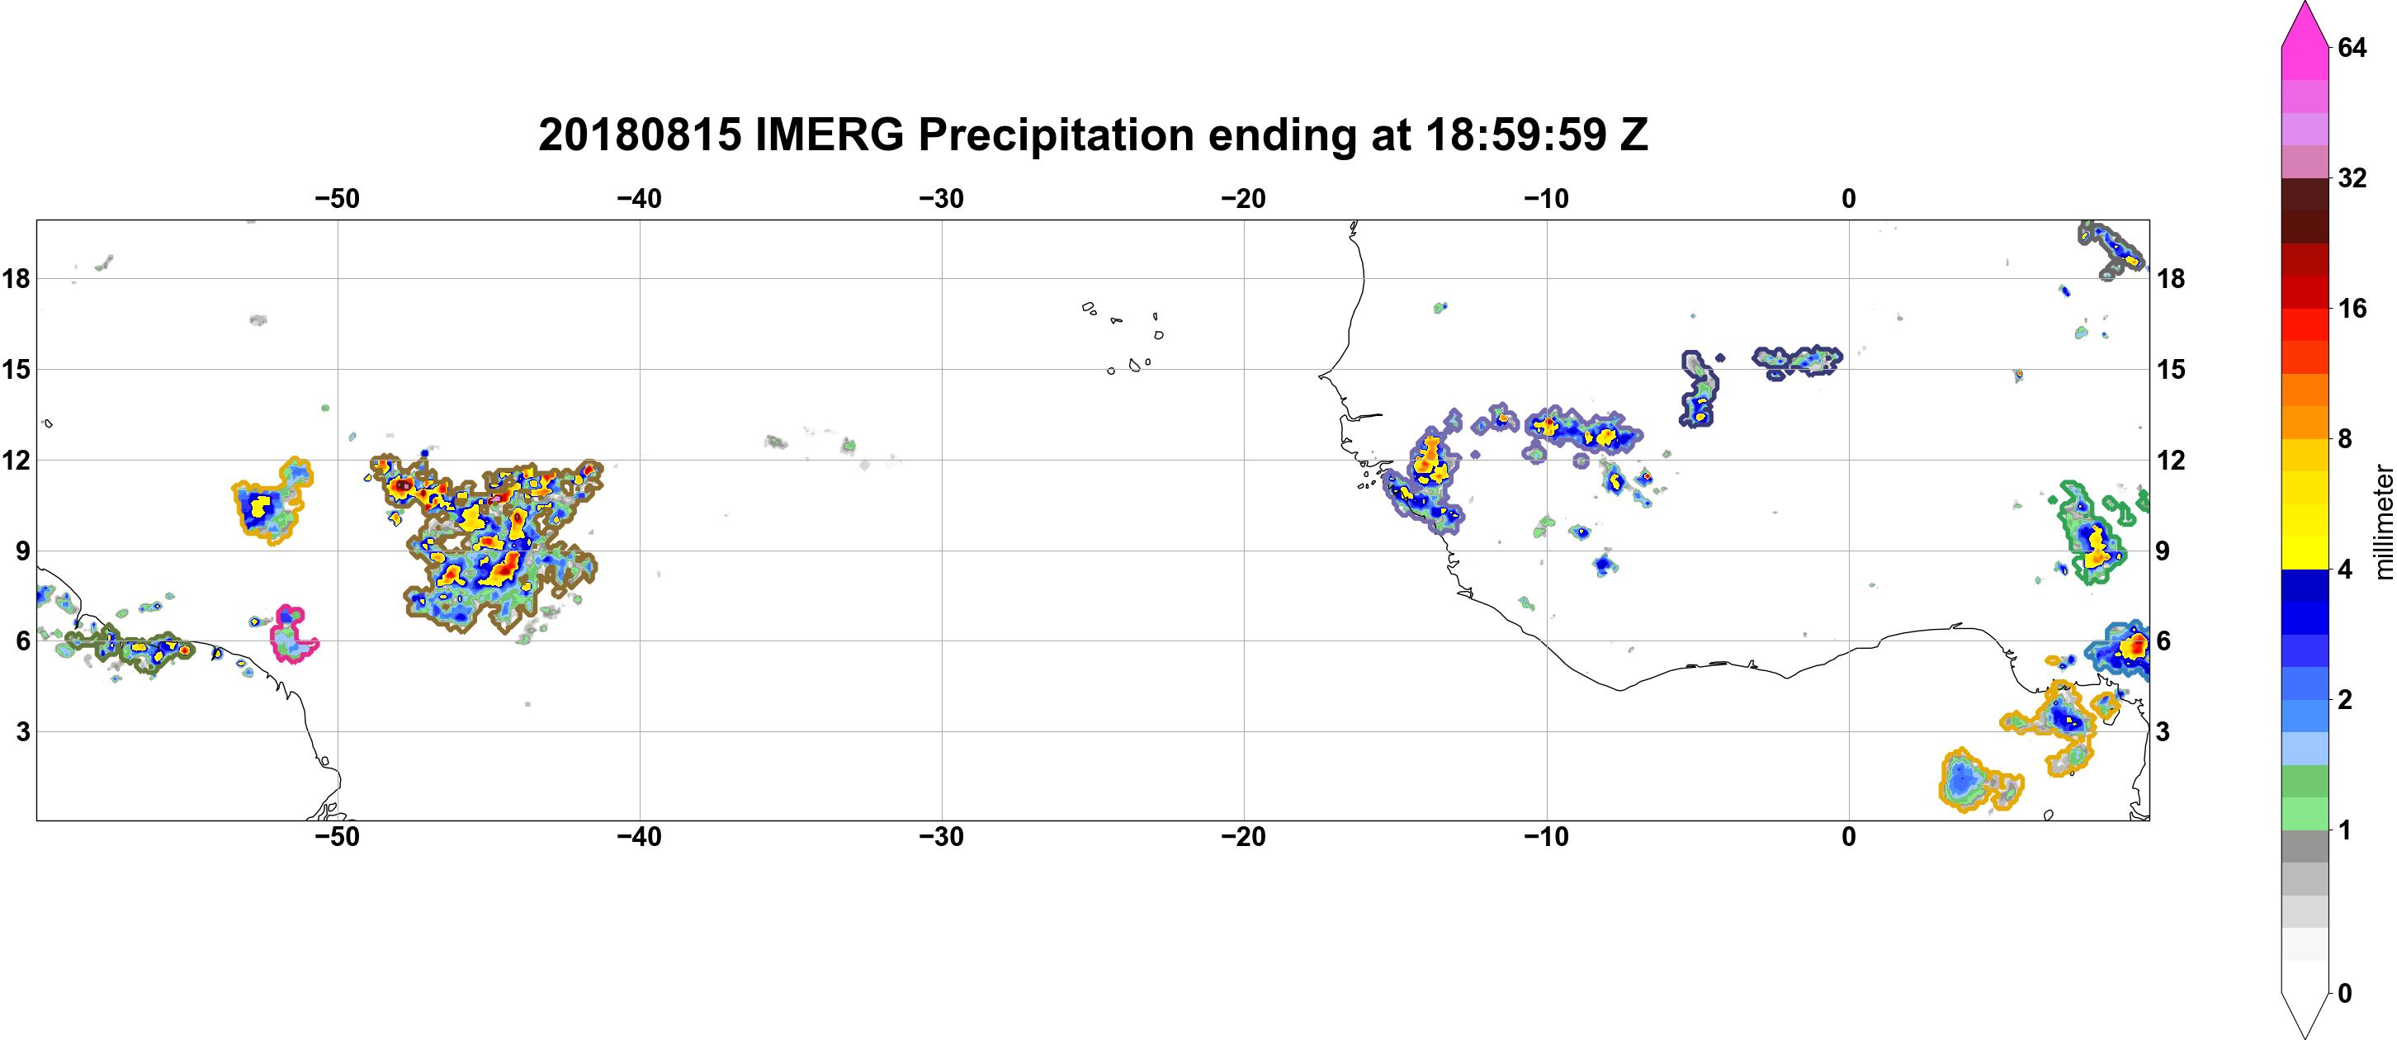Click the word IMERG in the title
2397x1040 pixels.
point(829,135)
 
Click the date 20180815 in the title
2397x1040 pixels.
point(641,135)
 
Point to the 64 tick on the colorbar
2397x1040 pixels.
point(2352,47)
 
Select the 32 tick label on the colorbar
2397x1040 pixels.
point(2352,177)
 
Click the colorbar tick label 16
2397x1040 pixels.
point(2352,308)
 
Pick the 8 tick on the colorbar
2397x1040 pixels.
point(2345,438)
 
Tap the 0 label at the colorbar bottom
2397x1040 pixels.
point(2345,994)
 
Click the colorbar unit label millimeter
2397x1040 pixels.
point(2383,522)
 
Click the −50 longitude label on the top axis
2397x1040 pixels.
point(337,199)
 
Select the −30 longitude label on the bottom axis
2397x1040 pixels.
point(942,837)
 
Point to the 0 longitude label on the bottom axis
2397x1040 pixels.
point(1849,837)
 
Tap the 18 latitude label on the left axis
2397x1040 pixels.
point(16,278)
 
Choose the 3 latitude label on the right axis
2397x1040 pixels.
point(2163,732)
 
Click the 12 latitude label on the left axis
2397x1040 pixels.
point(16,460)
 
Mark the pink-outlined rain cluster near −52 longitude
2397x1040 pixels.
point(294,633)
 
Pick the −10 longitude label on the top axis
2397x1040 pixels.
point(1547,199)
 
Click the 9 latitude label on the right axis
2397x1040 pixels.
point(2163,551)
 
